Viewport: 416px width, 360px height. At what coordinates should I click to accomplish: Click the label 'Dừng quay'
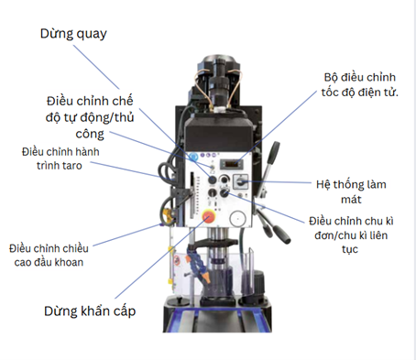[x=74, y=34]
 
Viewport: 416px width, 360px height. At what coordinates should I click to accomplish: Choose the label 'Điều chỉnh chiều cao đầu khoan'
[x=57, y=256]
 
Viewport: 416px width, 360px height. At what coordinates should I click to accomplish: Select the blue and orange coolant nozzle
[x=194, y=265]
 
